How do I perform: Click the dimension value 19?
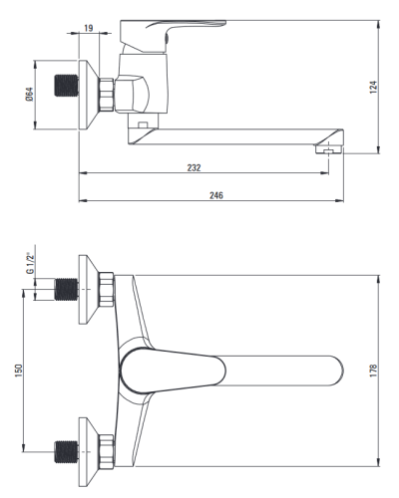pos(88,28)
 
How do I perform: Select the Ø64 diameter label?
pos(29,94)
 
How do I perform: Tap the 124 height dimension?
pos(374,87)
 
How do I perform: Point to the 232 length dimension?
pos(194,167)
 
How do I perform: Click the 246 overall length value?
pos(216,195)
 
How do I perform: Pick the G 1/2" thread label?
pos(30,263)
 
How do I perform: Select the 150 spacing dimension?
pos(19,371)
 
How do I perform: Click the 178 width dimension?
pos(373,371)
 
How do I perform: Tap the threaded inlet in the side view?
pos(67,86)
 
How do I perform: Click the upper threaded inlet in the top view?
pos(67,290)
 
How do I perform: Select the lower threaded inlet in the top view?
pos(67,452)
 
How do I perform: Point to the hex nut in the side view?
pos(107,95)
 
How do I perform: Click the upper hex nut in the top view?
pos(107,289)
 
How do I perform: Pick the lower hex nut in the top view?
pos(107,451)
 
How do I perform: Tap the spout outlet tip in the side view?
pos(329,150)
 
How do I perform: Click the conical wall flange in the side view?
pos(89,95)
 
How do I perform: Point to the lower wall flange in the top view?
pos(89,451)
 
